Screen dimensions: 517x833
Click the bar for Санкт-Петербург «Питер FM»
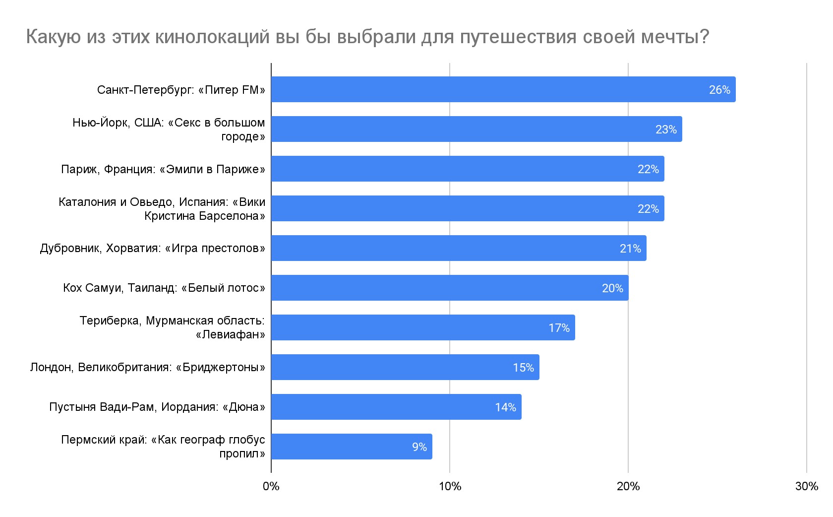503,89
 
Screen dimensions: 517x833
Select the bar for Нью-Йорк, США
476,129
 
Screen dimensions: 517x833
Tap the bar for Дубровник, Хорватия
458,248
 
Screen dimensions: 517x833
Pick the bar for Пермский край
351,447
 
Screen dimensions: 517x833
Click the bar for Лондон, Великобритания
405,367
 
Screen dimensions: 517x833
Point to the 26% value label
719,90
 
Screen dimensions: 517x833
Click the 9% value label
419,447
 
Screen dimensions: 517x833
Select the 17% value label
559,328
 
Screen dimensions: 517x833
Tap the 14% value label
505,407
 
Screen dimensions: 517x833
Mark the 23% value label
666,129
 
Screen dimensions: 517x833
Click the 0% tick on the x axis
271,486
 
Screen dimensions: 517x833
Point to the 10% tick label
450,486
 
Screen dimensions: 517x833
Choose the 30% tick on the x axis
807,486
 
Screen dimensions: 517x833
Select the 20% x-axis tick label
628,486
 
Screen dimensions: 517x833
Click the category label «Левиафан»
230,334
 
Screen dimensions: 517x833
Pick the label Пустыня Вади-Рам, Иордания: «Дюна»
157,407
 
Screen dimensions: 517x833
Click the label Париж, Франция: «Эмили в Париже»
163,169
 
